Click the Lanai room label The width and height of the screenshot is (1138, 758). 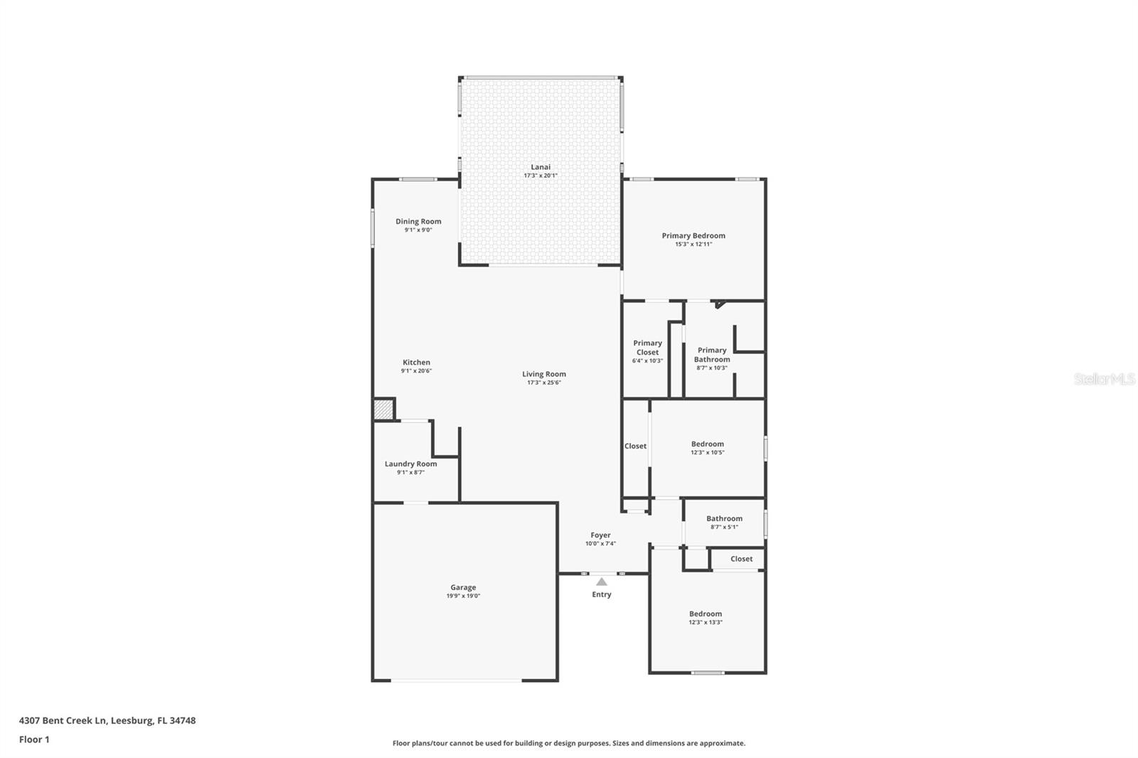pyautogui.click(x=541, y=167)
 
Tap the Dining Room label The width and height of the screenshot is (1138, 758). pyautogui.click(x=418, y=221)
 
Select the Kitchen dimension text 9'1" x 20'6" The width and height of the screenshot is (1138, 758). pyautogui.click(x=416, y=371)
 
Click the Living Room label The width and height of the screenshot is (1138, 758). pyautogui.click(x=544, y=374)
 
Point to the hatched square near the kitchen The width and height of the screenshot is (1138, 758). pyautogui.click(x=383, y=410)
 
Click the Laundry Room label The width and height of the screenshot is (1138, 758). pyautogui.click(x=410, y=464)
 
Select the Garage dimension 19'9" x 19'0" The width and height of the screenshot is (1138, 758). pyautogui.click(x=463, y=596)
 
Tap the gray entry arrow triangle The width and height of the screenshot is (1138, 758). pyautogui.click(x=602, y=582)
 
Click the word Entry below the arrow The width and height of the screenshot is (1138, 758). pyautogui.click(x=602, y=594)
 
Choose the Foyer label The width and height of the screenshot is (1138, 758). pyautogui.click(x=600, y=535)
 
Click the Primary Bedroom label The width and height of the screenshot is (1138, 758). pyautogui.click(x=693, y=235)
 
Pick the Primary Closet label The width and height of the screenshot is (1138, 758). pyautogui.click(x=647, y=348)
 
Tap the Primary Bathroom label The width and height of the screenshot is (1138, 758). pyautogui.click(x=712, y=354)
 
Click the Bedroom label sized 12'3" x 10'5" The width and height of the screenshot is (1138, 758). pyautogui.click(x=707, y=444)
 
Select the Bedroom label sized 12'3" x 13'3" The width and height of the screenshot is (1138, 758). pyautogui.click(x=705, y=614)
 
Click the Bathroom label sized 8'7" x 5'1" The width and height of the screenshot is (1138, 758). pyautogui.click(x=724, y=518)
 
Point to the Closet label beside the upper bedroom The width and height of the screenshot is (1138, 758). pyautogui.click(x=635, y=447)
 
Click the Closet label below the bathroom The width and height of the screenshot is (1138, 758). pyautogui.click(x=741, y=559)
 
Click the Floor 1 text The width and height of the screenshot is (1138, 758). pyautogui.click(x=34, y=740)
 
